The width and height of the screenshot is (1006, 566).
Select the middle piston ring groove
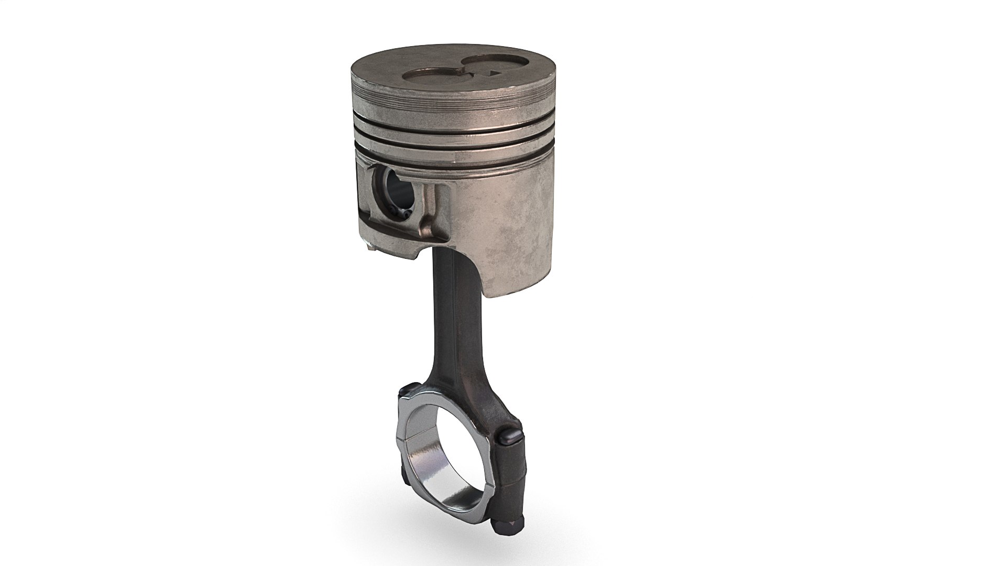(x=451, y=133)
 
